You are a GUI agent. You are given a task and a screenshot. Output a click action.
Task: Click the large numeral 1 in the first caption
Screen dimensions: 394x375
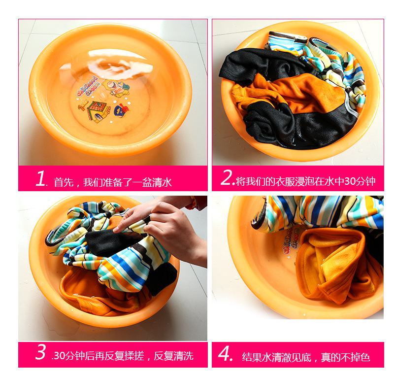click(x=40, y=178)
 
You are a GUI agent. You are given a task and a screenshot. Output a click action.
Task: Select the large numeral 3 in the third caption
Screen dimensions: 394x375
click(x=40, y=352)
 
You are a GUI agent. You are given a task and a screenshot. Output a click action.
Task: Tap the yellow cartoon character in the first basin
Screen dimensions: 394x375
click(x=117, y=88)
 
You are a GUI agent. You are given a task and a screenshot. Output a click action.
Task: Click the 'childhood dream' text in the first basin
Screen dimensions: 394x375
click(x=87, y=86)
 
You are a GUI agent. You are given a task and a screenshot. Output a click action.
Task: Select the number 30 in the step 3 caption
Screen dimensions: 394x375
click(x=60, y=356)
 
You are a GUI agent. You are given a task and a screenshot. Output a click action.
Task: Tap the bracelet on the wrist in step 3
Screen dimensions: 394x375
click(x=194, y=203)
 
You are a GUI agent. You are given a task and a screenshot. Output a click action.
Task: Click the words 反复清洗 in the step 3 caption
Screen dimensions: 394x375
click(x=174, y=356)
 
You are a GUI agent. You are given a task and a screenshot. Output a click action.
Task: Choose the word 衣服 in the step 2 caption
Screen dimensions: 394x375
click(x=285, y=181)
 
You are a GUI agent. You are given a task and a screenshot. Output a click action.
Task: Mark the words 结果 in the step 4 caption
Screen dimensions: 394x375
click(x=252, y=357)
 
